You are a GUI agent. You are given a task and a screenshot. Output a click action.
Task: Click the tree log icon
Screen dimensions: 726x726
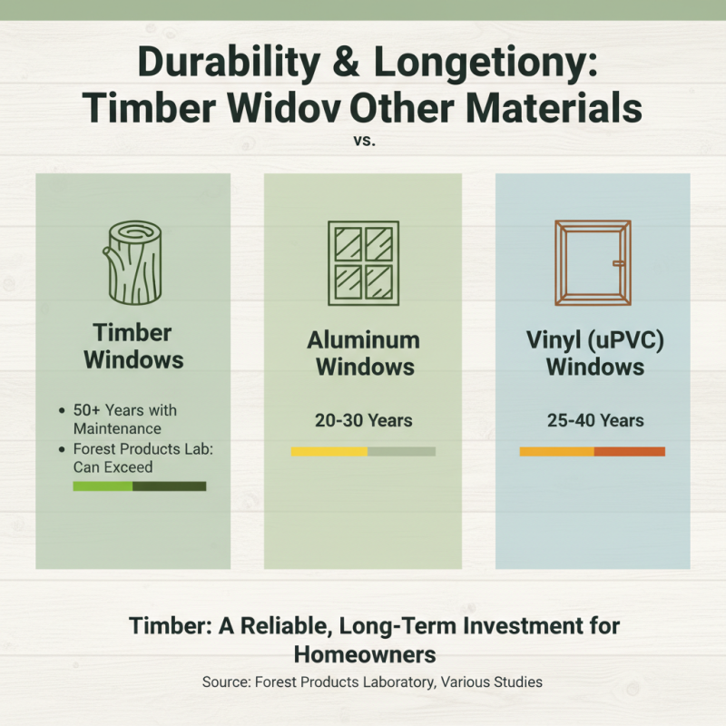pyautogui.click(x=133, y=262)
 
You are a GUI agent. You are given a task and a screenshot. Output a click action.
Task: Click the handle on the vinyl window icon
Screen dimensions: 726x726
pyautogui.click(x=618, y=264)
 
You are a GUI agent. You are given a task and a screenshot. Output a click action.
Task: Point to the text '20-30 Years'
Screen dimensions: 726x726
pyautogui.click(x=363, y=420)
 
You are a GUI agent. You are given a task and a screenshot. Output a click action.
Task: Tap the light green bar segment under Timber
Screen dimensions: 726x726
pyautogui.click(x=103, y=486)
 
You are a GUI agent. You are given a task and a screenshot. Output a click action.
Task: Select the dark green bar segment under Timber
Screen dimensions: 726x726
pyautogui.click(x=170, y=486)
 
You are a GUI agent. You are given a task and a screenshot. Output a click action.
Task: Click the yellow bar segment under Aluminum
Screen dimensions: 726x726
pyautogui.click(x=329, y=451)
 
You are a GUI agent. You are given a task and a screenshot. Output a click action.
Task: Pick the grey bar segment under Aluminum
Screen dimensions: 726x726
pyautogui.click(x=401, y=451)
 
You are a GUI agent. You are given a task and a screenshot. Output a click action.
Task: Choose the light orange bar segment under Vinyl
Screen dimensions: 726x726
pyautogui.click(x=556, y=451)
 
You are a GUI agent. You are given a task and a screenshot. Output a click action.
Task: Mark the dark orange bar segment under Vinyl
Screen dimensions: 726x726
pyautogui.click(x=630, y=451)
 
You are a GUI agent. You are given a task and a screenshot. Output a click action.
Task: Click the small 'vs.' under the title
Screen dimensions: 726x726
pyautogui.click(x=363, y=142)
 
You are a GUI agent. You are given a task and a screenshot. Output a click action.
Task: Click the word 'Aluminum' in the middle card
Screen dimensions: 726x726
pyautogui.click(x=363, y=340)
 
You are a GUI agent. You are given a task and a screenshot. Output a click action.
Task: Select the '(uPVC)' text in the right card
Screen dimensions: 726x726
pyautogui.click(x=626, y=340)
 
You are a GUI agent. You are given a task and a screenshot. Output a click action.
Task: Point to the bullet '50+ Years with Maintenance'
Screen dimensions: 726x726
pyautogui.click(x=117, y=419)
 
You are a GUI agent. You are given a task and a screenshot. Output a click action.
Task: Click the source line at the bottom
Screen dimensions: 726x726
pyautogui.click(x=363, y=682)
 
